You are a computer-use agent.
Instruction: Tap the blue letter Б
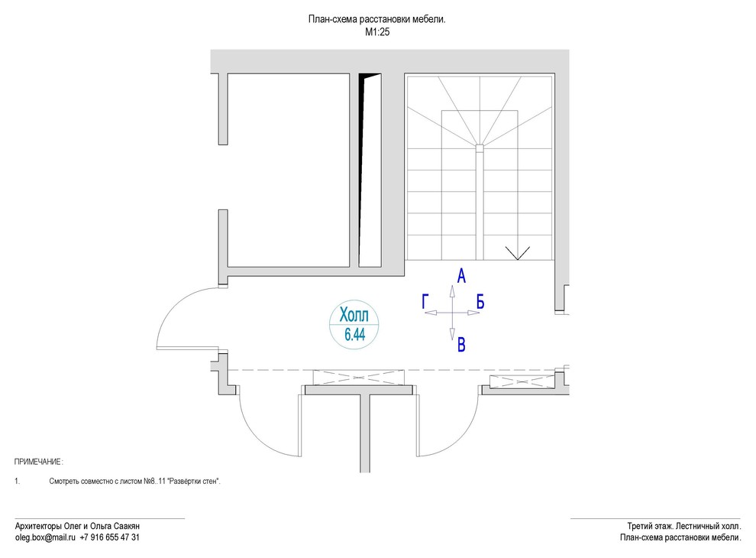tap(480, 302)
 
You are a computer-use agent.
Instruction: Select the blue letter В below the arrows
tap(461, 346)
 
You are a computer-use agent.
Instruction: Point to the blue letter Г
tap(425, 302)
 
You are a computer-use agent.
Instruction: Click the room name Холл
tap(353, 315)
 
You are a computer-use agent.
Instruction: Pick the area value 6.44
tap(353, 334)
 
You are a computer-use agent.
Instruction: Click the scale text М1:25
tap(378, 33)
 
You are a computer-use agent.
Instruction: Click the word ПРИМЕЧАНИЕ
tap(38, 462)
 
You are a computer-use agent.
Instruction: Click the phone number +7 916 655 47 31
tap(109, 537)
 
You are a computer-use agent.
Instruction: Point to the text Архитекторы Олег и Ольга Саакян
tap(77, 526)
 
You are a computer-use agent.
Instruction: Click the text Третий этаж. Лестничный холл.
tap(683, 526)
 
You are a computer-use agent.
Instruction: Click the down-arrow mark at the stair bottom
tap(518, 253)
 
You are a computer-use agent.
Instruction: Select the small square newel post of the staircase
tap(479, 147)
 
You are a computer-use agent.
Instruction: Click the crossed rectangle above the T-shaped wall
tap(359, 377)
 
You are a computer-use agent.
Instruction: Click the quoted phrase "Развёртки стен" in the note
tap(193, 482)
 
